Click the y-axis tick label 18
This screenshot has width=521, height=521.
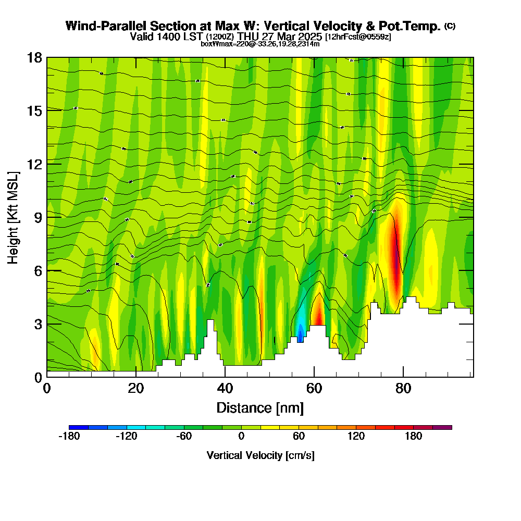click(x=34, y=57)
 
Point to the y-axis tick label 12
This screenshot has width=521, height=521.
click(x=34, y=164)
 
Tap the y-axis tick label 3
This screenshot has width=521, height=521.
click(x=38, y=324)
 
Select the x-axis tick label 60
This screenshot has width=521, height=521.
click(x=314, y=389)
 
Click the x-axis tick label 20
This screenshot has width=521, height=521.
click(x=136, y=389)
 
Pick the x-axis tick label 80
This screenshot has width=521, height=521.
click(x=403, y=389)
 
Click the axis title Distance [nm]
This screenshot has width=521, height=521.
click(x=260, y=407)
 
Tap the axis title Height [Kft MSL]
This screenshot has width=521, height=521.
click(x=14, y=217)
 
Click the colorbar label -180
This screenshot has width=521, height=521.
click(x=69, y=437)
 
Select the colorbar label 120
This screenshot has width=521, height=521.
click(x=356, y=437)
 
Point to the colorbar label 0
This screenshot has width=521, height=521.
click(x=241, y=437)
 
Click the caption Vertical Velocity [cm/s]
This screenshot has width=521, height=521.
click(x=260, y=455)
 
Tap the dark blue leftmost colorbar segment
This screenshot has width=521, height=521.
click(x=79, y=427)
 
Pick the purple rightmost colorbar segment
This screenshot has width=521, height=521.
click(x=442, y=427)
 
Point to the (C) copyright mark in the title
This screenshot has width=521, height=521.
click(x=450, y=26)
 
